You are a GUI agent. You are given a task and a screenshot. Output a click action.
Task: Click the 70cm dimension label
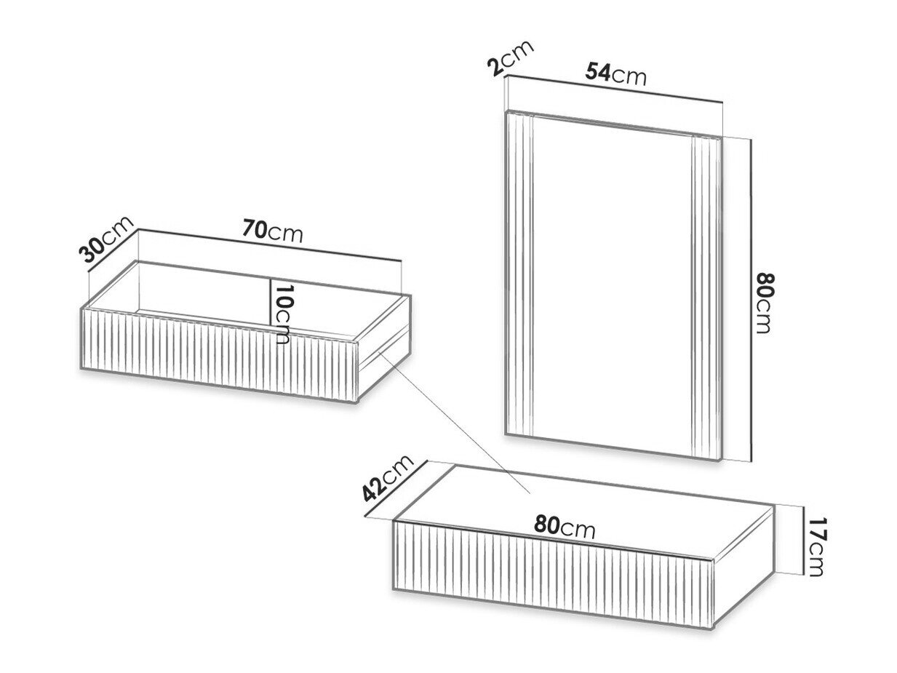click(272, 231)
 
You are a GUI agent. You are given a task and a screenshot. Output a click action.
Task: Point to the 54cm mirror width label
click(616, 74)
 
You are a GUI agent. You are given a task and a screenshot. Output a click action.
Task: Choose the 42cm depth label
click(388, 478)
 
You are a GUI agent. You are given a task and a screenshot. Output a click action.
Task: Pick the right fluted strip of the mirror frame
click(706, 298)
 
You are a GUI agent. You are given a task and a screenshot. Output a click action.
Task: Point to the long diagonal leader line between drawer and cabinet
click(454, 422)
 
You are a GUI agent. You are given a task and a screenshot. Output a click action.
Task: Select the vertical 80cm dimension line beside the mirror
click(751, 300)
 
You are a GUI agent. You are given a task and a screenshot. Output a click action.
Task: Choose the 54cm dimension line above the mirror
click(614, 89)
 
